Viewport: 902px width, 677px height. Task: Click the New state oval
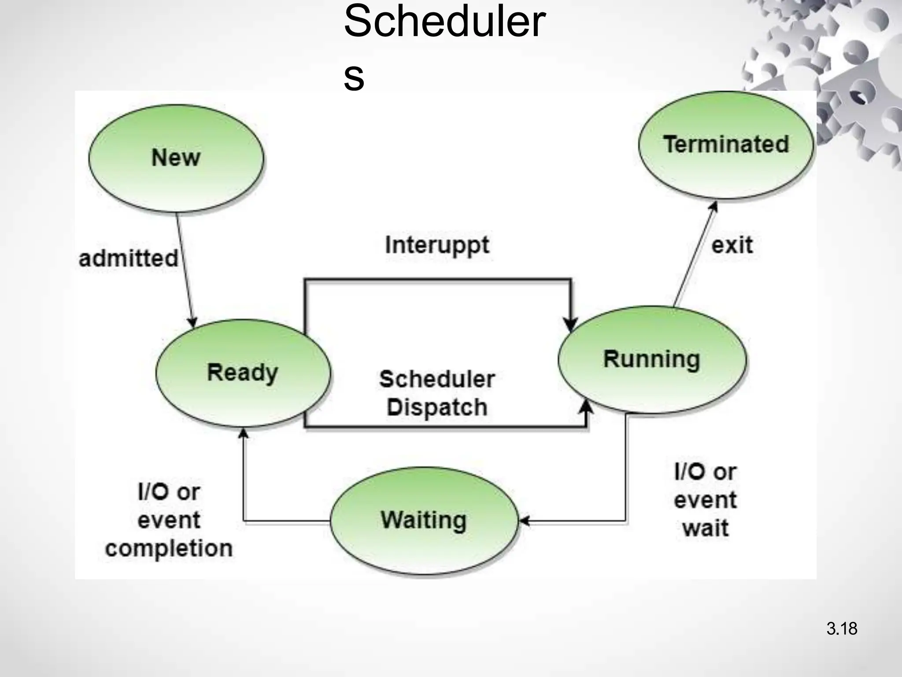pos(176,158)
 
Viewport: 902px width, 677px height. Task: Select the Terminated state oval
pos(726,145)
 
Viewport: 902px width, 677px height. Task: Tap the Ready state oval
pos(243,373)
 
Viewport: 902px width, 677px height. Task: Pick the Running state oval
pos(652,359)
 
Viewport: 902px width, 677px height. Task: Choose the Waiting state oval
pos(424,520)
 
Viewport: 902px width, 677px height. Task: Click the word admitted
pos(128,258)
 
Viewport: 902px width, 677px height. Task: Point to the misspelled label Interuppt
pos(437,246)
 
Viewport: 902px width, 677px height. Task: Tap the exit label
pos(732,246)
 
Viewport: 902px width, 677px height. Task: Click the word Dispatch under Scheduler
pos(437,407)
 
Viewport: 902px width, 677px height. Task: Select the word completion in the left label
pos(169,549)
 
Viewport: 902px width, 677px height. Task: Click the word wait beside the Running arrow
pos(706,528)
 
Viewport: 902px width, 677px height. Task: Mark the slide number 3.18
pos(842,629)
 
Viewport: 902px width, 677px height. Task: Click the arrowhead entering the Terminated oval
pos(714,206)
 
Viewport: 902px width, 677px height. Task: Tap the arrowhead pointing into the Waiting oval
pos(524,521)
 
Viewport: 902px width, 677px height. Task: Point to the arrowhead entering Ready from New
pos(192,322)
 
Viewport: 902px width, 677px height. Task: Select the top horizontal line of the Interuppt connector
pos(437,279)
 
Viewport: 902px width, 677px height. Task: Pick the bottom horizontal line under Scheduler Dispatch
pos(445,427)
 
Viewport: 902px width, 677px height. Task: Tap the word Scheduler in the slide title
pos(444,22)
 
